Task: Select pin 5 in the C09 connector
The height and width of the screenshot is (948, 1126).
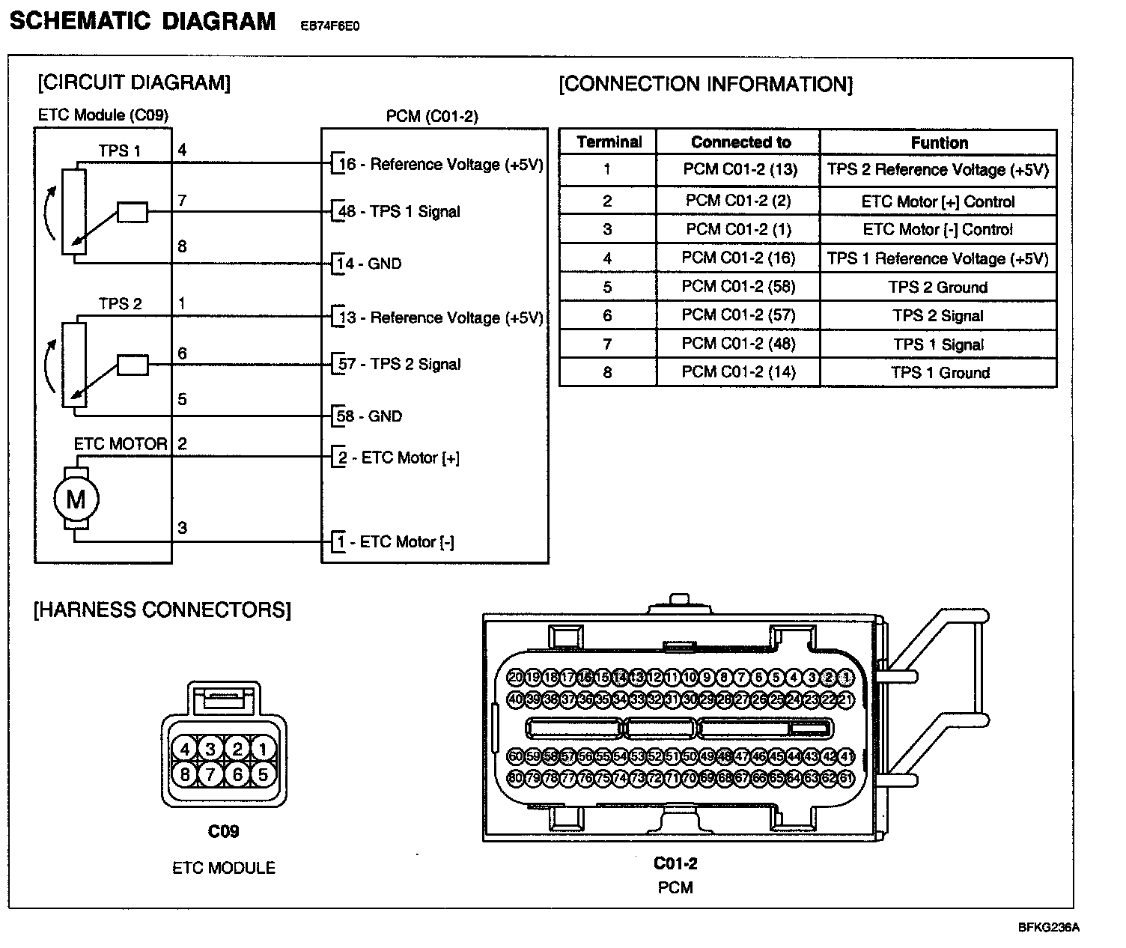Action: [x=262, y=774]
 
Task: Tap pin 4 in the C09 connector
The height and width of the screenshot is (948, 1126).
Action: [x=185, y=748]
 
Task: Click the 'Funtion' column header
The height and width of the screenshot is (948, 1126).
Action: [x=939, y=142]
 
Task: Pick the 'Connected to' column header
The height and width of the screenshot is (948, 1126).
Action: [x=740, y=142]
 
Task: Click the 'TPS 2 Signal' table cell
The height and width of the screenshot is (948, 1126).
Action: [x=938, y=316]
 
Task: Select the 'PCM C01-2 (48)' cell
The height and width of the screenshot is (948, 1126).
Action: [x=738, y=344]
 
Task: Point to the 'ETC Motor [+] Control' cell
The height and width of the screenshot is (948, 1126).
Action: [x=938, y=201]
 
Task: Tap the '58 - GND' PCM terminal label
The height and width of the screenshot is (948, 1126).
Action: [x=370, y=416]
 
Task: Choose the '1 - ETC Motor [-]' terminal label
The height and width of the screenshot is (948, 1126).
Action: [x=395, y=542]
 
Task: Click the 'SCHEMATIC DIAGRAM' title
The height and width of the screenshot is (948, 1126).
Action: [x=142, y=21]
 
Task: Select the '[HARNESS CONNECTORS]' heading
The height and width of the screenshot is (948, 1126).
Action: [x=162, y=610]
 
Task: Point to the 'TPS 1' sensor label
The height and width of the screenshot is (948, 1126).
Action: [x=120, y=151]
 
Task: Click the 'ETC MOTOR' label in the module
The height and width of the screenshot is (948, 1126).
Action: [x=120, y=444]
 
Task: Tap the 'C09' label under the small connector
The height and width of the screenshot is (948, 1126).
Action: [x=223, y=831]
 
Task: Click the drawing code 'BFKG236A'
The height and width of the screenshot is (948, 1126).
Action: [x=1048, y=927]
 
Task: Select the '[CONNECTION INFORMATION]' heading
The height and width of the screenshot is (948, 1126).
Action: [x=705, y=84]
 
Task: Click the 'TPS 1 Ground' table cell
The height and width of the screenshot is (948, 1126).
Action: [x=938, y=373]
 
